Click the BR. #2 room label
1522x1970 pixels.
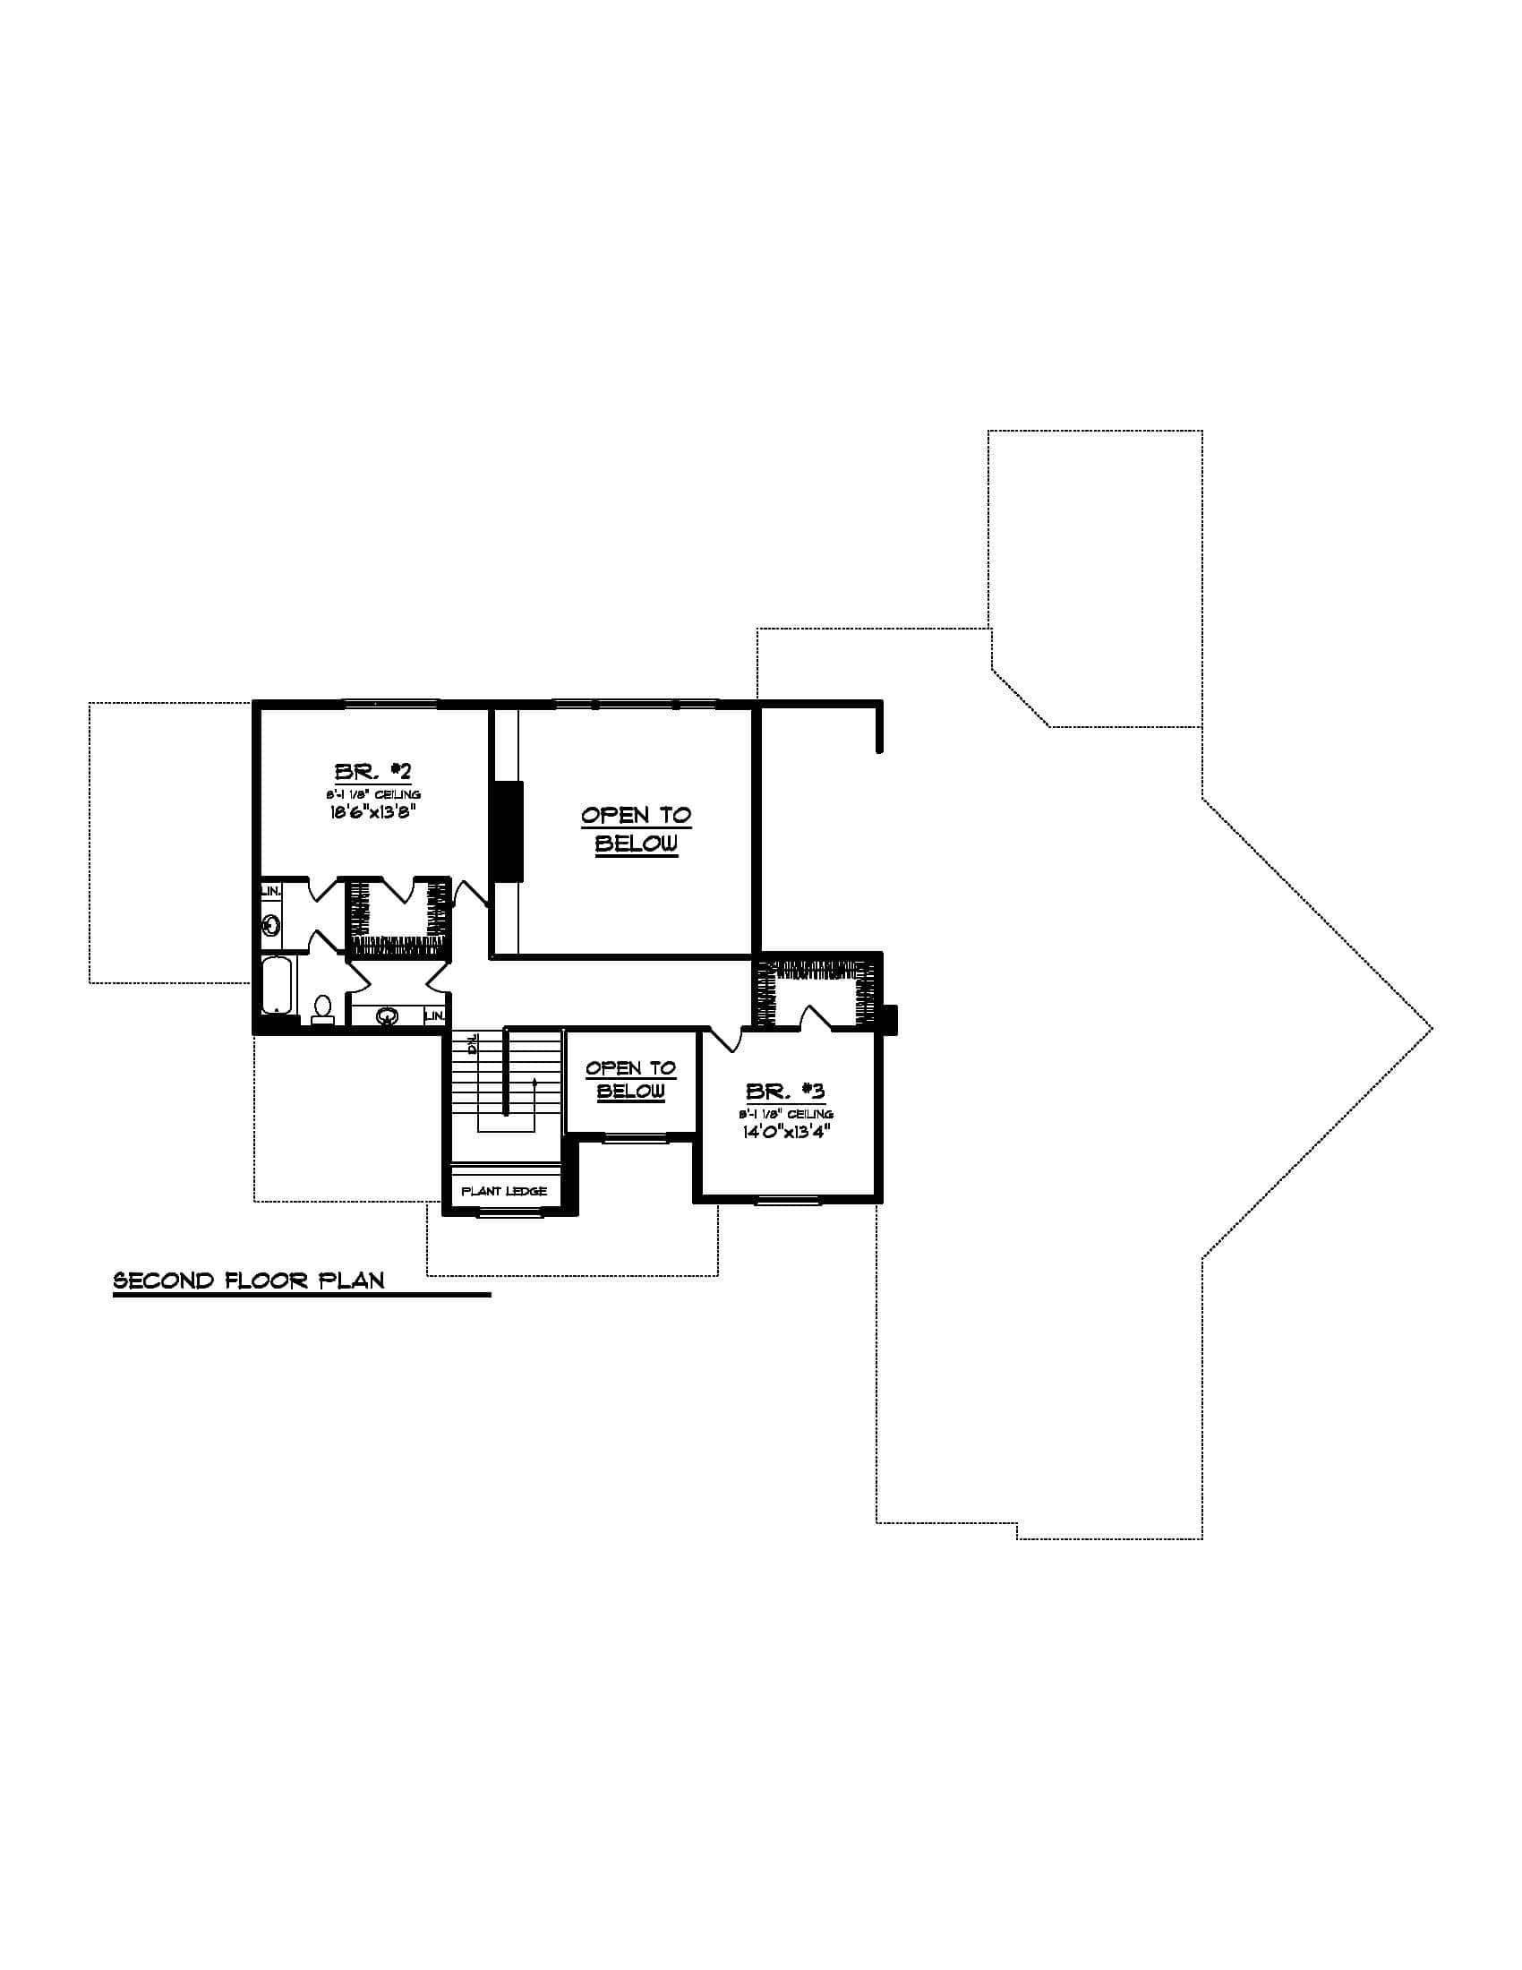(372, 772)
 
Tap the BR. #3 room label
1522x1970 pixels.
(784, 1092)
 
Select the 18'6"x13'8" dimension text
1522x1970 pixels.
(372, 811)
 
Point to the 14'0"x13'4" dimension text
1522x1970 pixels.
(785, 1132)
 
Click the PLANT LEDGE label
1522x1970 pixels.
(504, 1192)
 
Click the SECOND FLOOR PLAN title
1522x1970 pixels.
(249, 1280)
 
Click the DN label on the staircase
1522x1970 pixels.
(472, 1045)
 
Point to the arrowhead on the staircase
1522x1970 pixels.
(534, 1082)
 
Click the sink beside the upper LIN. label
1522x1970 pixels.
(270, 925)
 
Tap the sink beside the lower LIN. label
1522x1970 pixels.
(388, 1016)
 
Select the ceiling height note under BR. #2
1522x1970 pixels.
(372, 793)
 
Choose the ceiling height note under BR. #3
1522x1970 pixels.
(785, 1114)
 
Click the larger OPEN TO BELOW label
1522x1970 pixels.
(636, 830)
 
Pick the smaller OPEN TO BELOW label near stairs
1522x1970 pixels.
(630, 1080)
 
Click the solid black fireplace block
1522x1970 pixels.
(506, 831)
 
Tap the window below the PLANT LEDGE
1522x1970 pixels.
(504, 1214)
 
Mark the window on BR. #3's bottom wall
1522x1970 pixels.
(787, 1199)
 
